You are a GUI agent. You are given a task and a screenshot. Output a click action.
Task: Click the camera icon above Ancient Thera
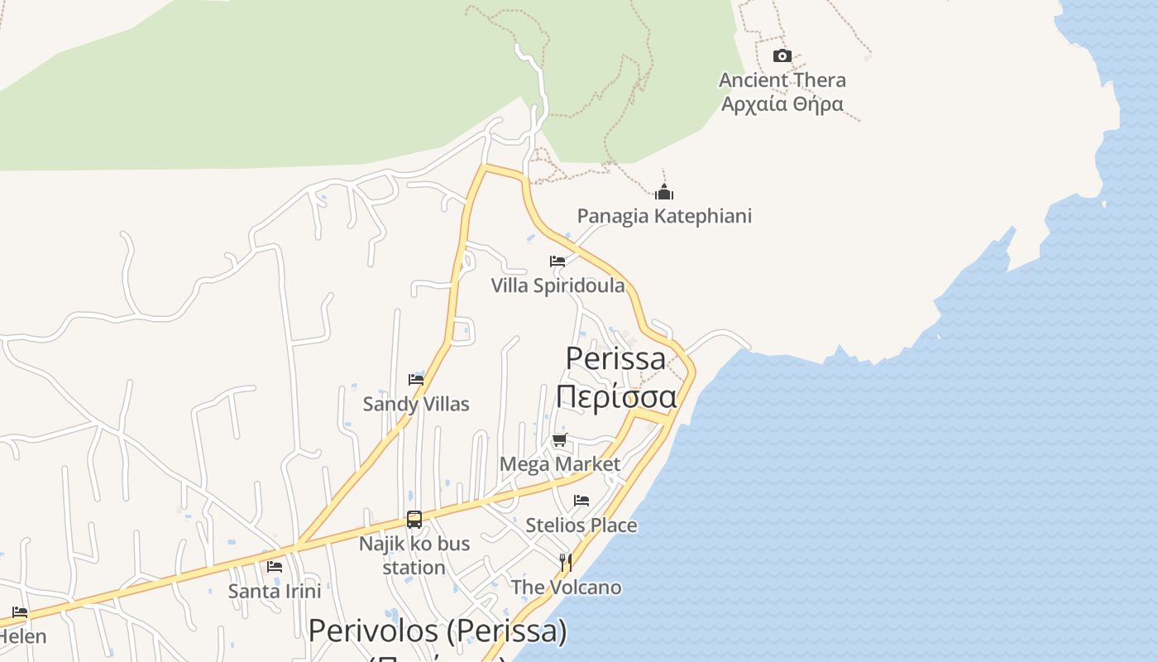pos(782,56)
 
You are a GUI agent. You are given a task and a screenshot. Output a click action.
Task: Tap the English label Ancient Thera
pos(782,80)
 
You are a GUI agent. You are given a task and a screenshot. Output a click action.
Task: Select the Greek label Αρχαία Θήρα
pos(782,104)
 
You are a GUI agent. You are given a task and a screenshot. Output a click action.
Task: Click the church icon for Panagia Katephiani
pos(664,193)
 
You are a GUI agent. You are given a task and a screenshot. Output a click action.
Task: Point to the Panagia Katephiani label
pos(664,216)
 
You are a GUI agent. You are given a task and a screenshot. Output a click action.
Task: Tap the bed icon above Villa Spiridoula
pos(557,261)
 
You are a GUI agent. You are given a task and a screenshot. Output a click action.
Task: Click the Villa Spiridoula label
pos(557,285)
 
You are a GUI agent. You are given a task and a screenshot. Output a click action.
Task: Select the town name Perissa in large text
pos(615,358)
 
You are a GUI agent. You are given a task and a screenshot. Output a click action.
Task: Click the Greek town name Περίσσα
pos(615,396)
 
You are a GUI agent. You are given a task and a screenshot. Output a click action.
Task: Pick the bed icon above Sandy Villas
pos(416,380)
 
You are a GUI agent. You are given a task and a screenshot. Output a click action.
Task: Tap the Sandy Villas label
pos(416,404)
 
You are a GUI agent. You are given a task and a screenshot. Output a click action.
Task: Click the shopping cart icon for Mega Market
pos(560,439)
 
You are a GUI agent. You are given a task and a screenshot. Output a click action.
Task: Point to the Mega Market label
pos(560,463)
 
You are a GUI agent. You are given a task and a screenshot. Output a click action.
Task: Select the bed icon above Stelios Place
pos(581,501)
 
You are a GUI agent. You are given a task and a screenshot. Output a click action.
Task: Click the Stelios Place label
pos(581,525)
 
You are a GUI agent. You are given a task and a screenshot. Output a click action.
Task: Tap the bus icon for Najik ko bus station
pos(414,520)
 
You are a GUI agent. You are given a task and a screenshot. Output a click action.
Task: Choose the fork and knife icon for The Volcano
pos(566,563)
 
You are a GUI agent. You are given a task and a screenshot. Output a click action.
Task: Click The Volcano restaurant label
pos(566,587)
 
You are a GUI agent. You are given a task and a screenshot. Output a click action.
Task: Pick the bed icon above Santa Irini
pos(275,567)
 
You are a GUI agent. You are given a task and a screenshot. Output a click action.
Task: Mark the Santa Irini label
pos(275,591)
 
